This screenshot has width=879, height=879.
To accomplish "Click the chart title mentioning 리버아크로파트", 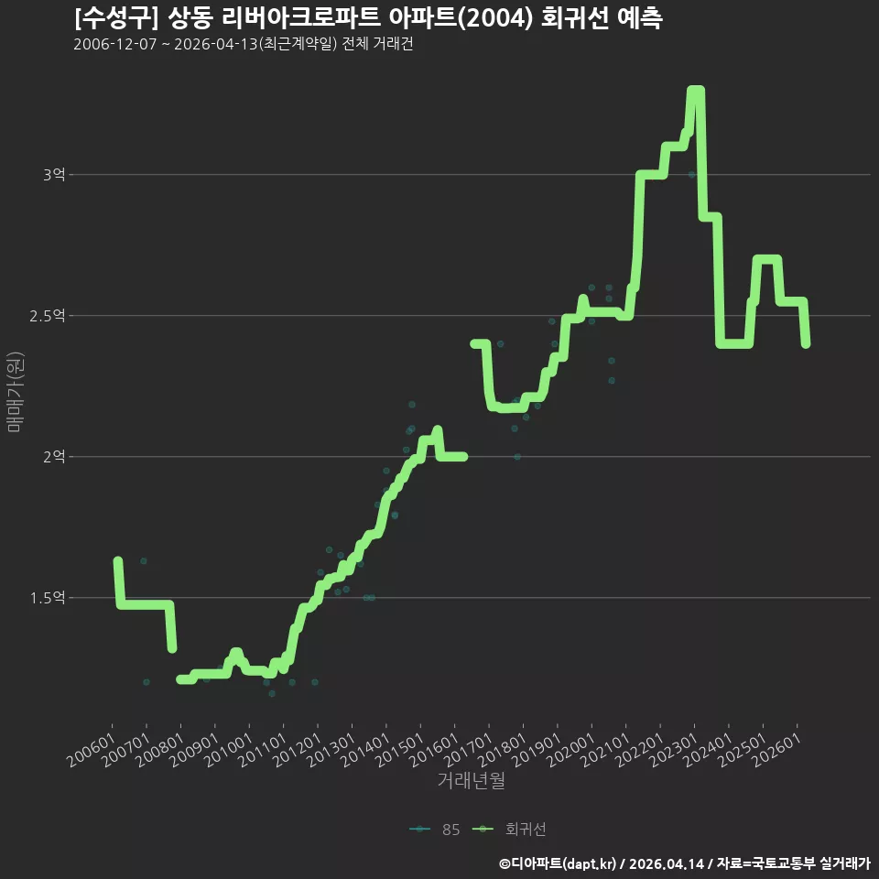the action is coord(368,17).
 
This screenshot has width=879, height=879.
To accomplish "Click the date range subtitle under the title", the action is coord(244,44).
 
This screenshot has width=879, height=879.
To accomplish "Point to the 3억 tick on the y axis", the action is coord(54,175).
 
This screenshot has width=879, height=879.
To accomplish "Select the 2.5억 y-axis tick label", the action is coord(48,316).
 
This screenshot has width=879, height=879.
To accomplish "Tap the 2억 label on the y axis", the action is coord(54,457).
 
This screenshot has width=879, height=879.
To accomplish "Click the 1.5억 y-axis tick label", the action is coord(48,598).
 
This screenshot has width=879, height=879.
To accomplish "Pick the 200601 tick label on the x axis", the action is coord(92,750).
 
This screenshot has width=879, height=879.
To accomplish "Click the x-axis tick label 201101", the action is coord(263,750).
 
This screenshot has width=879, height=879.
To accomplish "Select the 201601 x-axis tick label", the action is coord(433,750).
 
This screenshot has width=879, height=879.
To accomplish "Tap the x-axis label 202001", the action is coord(570,750).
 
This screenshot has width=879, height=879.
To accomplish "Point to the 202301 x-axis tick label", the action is coord(673,750).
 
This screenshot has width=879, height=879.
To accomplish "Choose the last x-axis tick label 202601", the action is coord(776,750).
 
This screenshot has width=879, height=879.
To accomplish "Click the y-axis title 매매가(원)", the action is coord(16,393).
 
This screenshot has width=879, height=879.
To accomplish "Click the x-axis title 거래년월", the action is coord(471,780).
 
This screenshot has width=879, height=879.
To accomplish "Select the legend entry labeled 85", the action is coord(435,830).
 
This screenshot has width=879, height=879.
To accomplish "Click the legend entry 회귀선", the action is coord(509,830).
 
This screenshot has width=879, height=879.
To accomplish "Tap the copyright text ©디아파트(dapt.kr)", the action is coord(558,863).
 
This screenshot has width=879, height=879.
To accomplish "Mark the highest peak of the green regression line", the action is coord(696,90).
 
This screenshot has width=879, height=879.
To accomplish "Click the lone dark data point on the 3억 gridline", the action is coord(692,175).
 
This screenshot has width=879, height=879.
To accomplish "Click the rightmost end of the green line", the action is coord(806,344).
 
